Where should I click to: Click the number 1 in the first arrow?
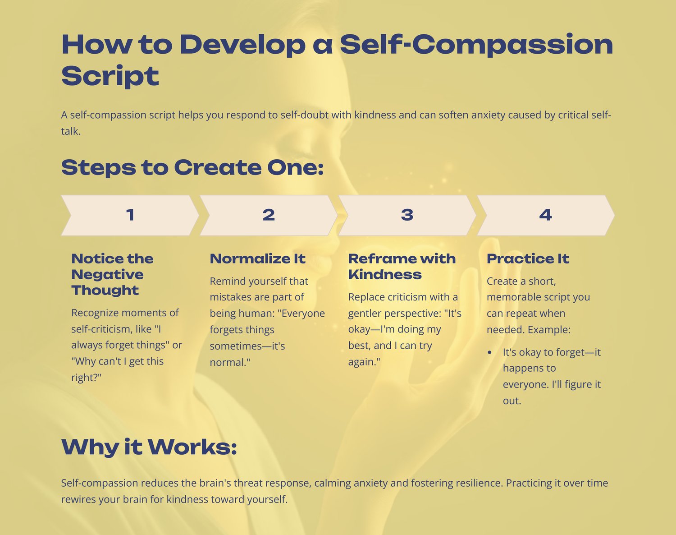point(130,215)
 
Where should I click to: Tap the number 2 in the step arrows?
point(269,215)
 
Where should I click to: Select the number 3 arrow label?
point(407,215)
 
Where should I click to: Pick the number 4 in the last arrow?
point(546,215)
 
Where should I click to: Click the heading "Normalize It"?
point(258,259)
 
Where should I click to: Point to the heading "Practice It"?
point(528,259)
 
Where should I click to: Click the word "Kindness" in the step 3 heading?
point(385,275)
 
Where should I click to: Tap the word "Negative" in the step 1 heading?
point(107,275)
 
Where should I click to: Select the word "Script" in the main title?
point(110,76)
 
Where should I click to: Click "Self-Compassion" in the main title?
point(476,44)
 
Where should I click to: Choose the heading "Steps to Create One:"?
point(192,167)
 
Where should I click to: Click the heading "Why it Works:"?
point(149,447)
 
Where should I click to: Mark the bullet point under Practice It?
point(489,353)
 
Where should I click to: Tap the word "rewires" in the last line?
point(78,499)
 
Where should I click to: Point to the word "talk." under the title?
point(71,131)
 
